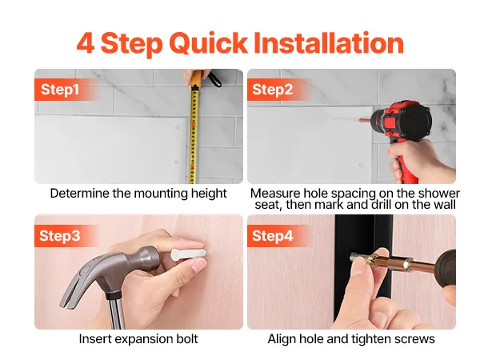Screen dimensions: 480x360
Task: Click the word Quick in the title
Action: tap(208, 44)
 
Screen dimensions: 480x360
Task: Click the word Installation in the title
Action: tap(329, 43)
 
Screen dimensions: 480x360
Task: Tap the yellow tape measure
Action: tap(194, 134)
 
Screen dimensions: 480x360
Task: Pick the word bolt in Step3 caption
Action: tap(186, 339)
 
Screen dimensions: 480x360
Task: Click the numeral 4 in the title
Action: tap(86, 43)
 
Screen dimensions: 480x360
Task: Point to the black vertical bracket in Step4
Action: tap(364, 270)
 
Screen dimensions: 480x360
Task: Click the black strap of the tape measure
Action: tap(215, 78)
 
